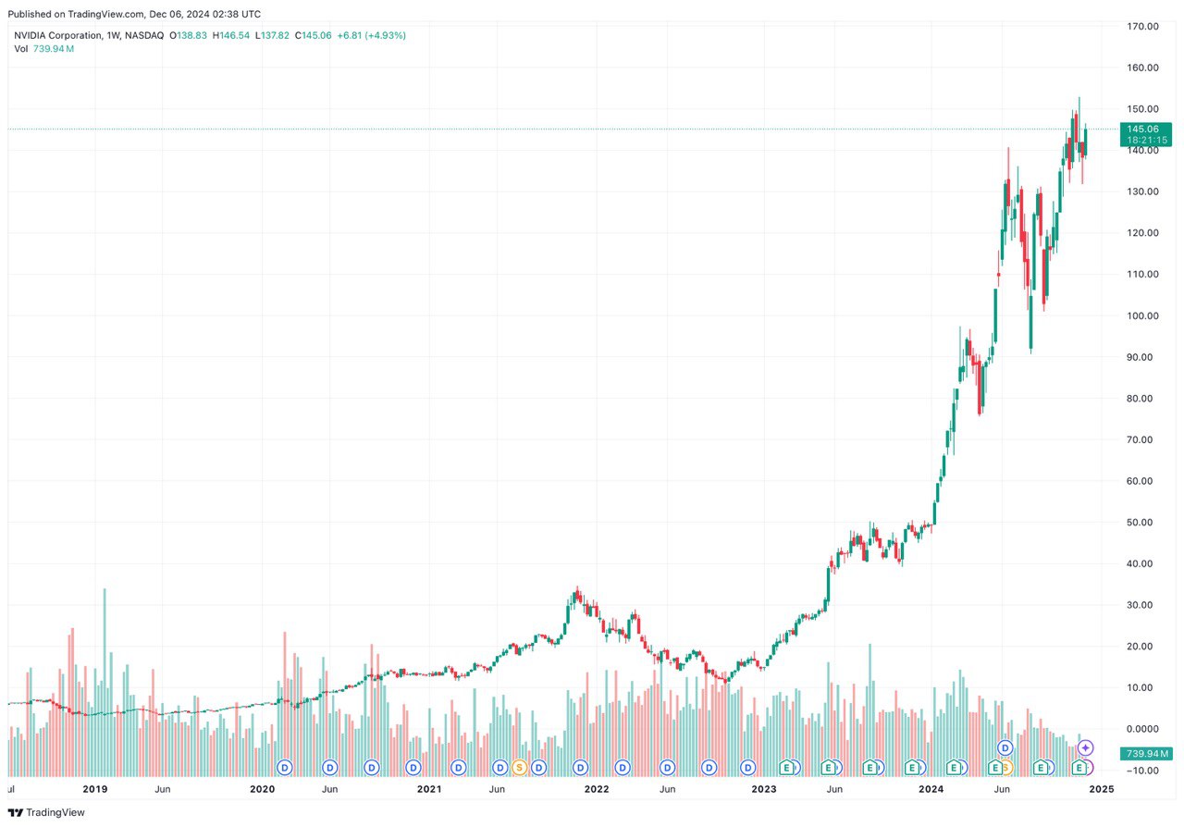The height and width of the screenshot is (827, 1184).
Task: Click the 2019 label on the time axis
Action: pyautogui.click(x=95, y=790)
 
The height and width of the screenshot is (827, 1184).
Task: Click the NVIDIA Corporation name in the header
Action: pyautogui.click(x=56, y=35)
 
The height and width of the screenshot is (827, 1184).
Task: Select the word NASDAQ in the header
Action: pyautogui.click(x=145, y=35)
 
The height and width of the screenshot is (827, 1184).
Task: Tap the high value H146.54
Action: pyautogui.click(x=232, y=35)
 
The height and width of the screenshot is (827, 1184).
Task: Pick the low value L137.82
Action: pyautogui.click(x=273, y=35)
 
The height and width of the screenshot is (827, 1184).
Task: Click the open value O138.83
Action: pyautogui.click(x=189, y=35)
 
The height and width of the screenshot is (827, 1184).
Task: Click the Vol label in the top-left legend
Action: pyautogui.click(x=21, y=48)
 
